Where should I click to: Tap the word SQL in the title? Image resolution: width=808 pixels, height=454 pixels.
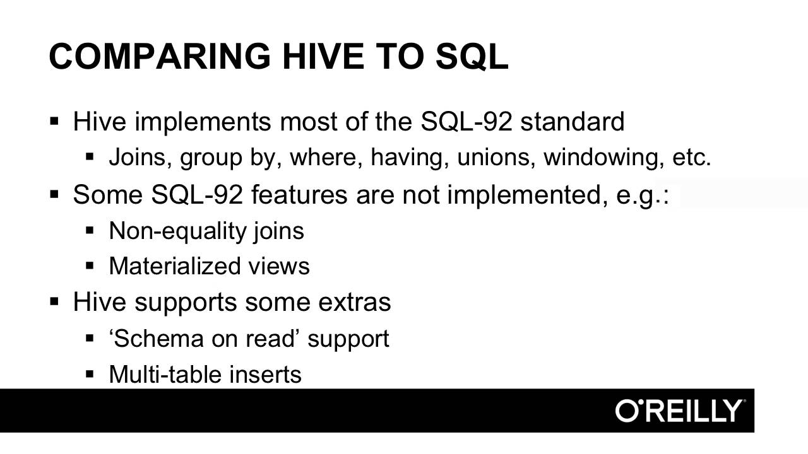pyautogui.click(x=472, y=56)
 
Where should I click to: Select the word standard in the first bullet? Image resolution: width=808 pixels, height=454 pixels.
pyautogui.click(x=573, y=121)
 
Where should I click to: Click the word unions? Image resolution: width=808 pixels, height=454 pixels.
pyautogui.click(x=496, y=157)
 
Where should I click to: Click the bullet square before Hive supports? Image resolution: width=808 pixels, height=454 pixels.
pyautogui.click(x=54, y=301)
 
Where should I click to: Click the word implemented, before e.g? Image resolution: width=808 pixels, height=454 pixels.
pyautogui.click(x=527, y=195)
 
